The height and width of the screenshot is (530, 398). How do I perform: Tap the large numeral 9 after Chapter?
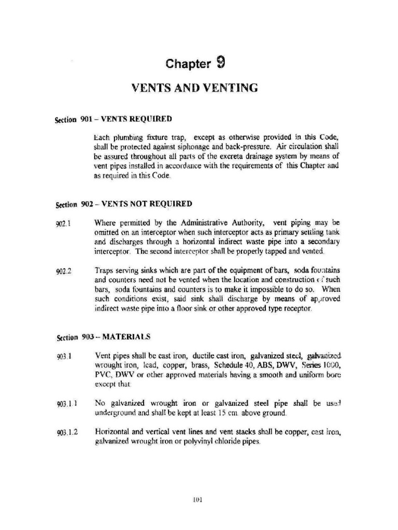click(x=220, y=63)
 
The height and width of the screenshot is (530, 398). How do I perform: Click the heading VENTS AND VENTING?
click(x=195, y=88)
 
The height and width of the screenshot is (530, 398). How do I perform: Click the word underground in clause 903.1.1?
click(x=113, y=414)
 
